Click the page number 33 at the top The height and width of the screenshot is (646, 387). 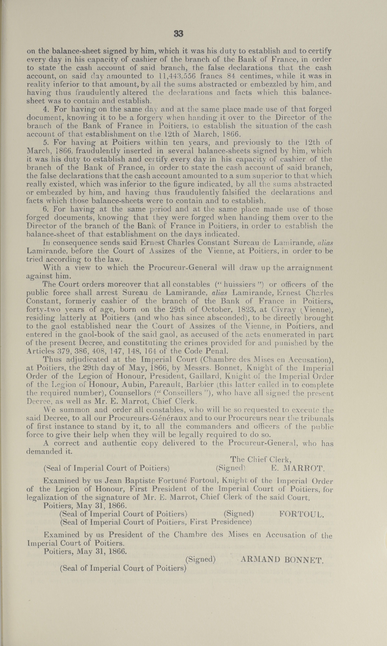click(178, 34)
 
